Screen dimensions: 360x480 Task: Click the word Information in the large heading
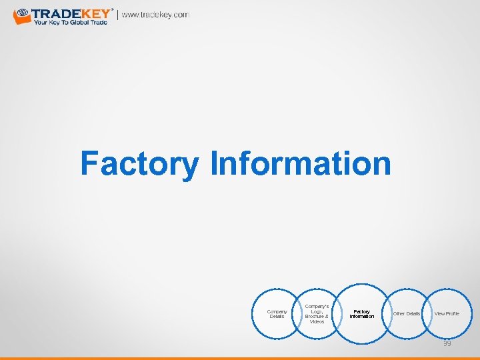point(300,164)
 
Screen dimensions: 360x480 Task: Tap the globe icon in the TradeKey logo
point(21,13)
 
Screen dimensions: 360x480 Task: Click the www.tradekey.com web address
point(155,15)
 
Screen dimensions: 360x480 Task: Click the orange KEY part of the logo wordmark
point(95,13)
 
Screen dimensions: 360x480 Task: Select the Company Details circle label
point(277,314)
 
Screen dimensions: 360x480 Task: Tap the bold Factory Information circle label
point(361,314)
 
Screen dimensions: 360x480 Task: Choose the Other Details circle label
point(407,313)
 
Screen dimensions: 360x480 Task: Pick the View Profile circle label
point(447,313)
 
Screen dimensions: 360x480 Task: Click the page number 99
point(447,343)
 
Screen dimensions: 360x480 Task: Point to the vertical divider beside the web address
point(119,15)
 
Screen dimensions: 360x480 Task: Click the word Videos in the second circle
point(317,321)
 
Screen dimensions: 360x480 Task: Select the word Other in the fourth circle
point(399,313)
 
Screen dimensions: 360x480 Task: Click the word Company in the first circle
point(277,311)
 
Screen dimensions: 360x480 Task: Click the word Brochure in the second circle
point(314,316)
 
